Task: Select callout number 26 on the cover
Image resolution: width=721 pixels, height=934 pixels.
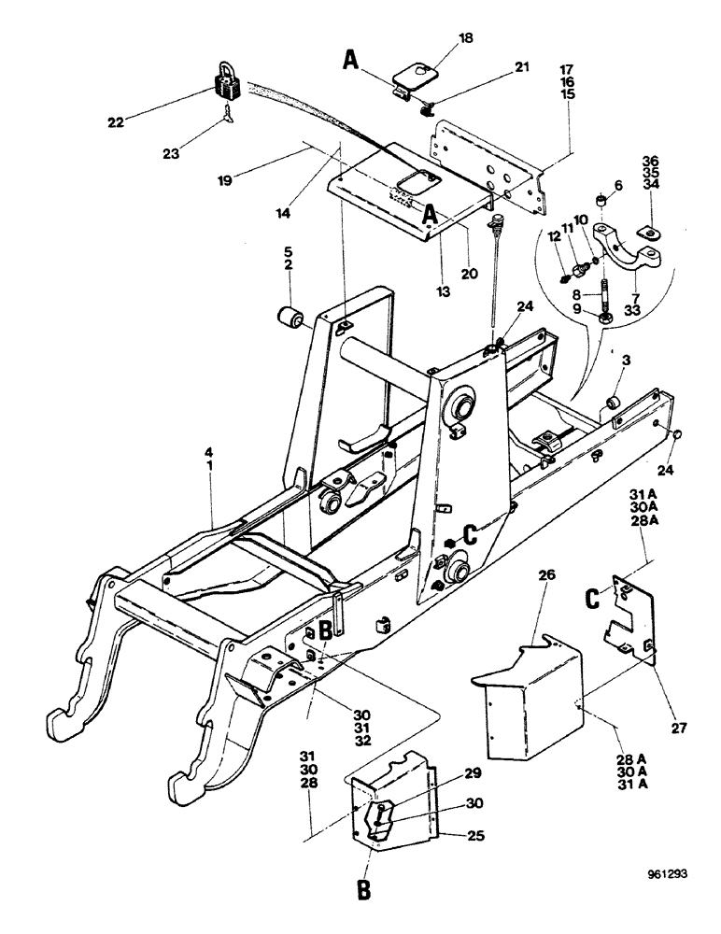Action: (547, 576)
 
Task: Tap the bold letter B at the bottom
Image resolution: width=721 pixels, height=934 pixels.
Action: (365, 888)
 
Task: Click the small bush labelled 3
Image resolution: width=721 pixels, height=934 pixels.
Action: (615, 402)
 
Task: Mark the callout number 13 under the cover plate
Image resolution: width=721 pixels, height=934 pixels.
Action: (442, 291)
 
